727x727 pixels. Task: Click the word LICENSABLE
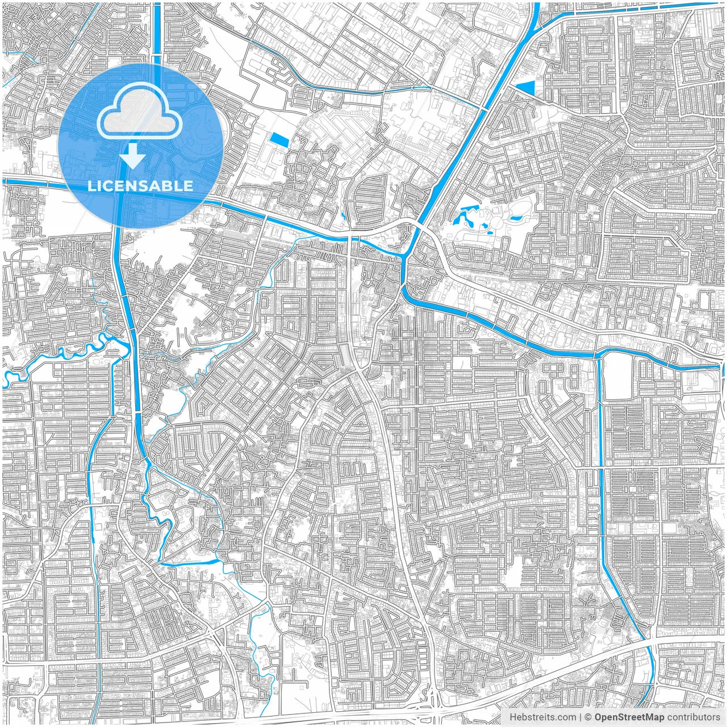[x=140, y=186]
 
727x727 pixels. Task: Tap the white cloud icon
[x=139, y=113]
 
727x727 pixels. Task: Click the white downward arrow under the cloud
[x=133, y=156]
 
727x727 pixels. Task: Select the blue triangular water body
[x=527, y=86]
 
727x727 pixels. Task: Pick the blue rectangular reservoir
[x=279, y=139]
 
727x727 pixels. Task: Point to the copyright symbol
[x=589, y=717]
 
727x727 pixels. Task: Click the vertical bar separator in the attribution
[x=580, y=717]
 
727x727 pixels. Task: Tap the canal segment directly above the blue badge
[x=157, y=28]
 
